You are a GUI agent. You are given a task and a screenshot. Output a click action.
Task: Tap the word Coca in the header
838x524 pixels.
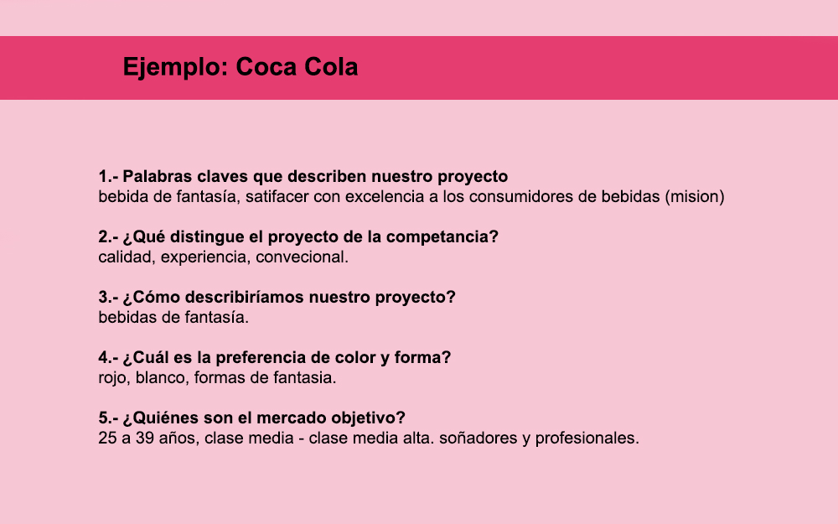266,67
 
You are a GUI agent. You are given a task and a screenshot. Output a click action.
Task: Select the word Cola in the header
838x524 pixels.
331,67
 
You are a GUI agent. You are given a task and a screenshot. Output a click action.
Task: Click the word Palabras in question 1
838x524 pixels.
158,176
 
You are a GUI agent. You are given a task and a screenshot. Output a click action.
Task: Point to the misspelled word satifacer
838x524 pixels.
277,197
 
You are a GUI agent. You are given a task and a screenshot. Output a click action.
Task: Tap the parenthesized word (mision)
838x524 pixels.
695,197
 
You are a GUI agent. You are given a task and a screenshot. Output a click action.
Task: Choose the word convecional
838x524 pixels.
302,257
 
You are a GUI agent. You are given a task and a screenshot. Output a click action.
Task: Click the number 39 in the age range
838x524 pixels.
144,438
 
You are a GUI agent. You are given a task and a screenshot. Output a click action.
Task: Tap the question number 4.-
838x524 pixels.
108,358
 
